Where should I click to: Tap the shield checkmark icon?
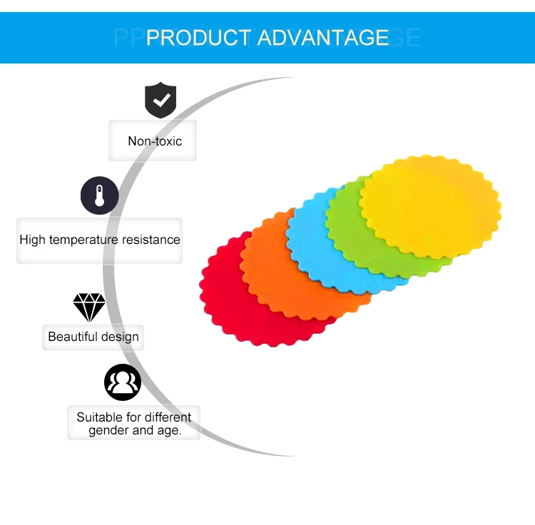coord(160,100)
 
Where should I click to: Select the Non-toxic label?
coord(155,141)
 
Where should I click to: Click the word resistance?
coord(151,240)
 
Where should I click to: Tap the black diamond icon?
coord(89,307)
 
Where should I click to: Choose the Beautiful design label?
coord(93,337)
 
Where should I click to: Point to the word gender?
coord(110,431)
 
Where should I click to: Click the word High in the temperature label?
coord(32,240)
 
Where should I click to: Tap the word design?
coord(120,337)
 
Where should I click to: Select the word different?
coord(168,417)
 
